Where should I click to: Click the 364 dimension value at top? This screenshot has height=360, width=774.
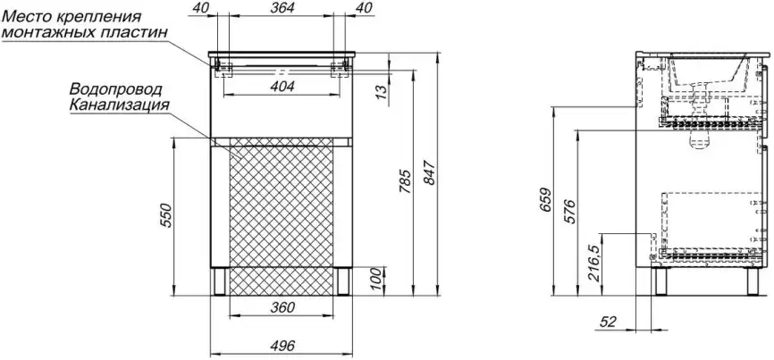tap(282, 7)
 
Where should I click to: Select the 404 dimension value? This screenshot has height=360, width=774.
tap(282, 87)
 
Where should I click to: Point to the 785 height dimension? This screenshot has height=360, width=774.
tap(404, 181)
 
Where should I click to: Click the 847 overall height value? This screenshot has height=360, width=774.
tap(429, 173)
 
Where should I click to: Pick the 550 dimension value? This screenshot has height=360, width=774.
tap(166, 215)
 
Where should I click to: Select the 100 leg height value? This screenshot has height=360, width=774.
tap(377, 280)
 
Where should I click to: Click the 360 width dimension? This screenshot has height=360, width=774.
tap(282, 307)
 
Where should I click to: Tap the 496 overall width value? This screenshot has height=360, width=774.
tap(282, 345)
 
